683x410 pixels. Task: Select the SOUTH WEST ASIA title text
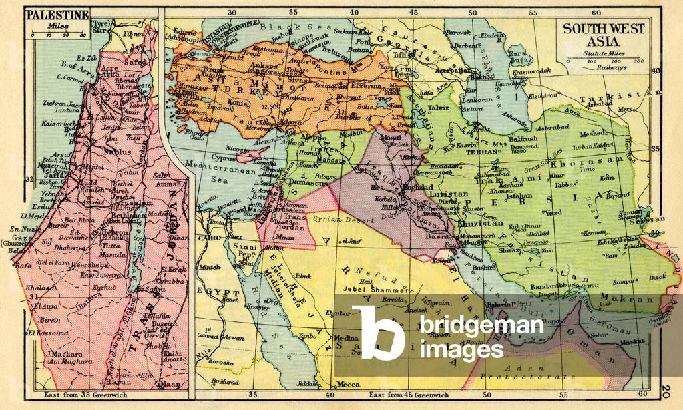(x=604, y=35)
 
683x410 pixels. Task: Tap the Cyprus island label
(x=224, y=158)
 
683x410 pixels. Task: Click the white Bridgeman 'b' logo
(x=378, y=333)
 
